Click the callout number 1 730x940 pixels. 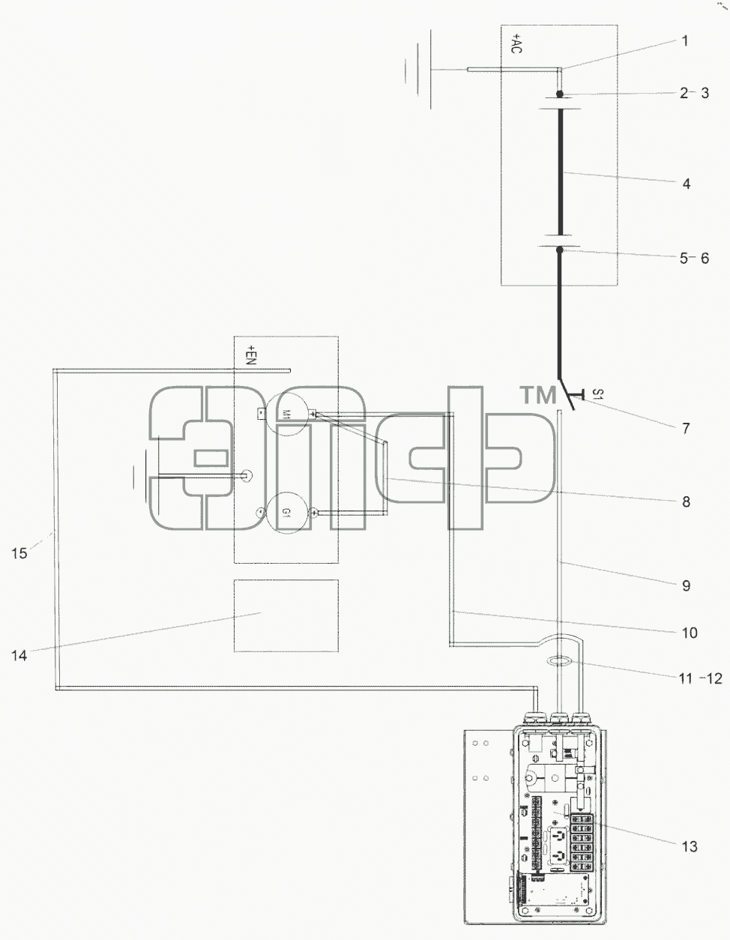tap(684, 41)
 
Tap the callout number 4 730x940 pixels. tap(687, 184)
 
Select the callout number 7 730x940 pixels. tap(686, 428)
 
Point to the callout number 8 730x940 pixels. tap(687, 501)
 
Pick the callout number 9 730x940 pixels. tap(687, 585)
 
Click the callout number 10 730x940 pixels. tap(690, 633)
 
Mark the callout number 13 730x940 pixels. tap(690, 846)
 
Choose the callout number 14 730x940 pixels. tap(19, 655)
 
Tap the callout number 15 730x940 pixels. tap(19, 553)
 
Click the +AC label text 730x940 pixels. tap(516, 43)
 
